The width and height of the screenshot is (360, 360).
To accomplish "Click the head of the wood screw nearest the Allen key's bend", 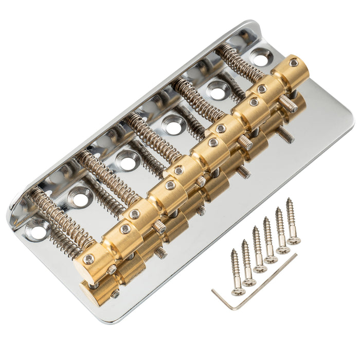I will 238,291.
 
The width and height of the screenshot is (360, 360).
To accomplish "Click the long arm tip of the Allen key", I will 296,256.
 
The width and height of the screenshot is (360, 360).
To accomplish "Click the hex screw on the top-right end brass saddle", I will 293,63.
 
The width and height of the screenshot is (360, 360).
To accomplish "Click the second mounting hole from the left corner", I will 81,197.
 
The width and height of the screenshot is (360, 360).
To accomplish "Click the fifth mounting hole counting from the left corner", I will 218,91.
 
